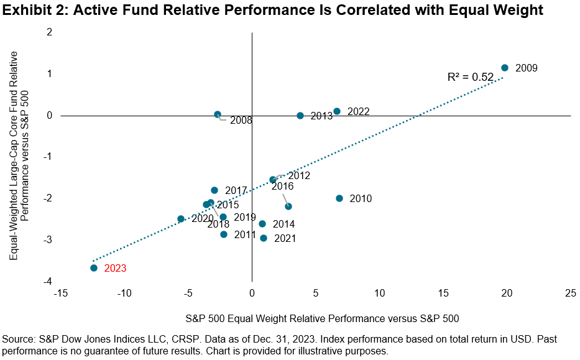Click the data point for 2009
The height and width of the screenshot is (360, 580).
505,68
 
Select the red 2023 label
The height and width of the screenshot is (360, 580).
115,269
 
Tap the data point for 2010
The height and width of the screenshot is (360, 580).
339,198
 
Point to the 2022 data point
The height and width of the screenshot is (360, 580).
337,111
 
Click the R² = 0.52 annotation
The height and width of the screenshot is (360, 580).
471,77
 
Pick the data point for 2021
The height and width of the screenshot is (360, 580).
264,238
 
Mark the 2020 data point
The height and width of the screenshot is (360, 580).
181,219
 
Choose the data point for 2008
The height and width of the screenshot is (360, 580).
218,114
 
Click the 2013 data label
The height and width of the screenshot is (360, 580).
321,116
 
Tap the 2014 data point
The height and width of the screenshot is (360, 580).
262,224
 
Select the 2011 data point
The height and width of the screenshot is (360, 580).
224,234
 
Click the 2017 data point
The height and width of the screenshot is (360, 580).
214,190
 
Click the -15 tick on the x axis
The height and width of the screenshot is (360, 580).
61,293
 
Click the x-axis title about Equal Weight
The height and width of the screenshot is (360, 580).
321,319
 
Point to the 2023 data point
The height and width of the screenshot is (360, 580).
94,268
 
